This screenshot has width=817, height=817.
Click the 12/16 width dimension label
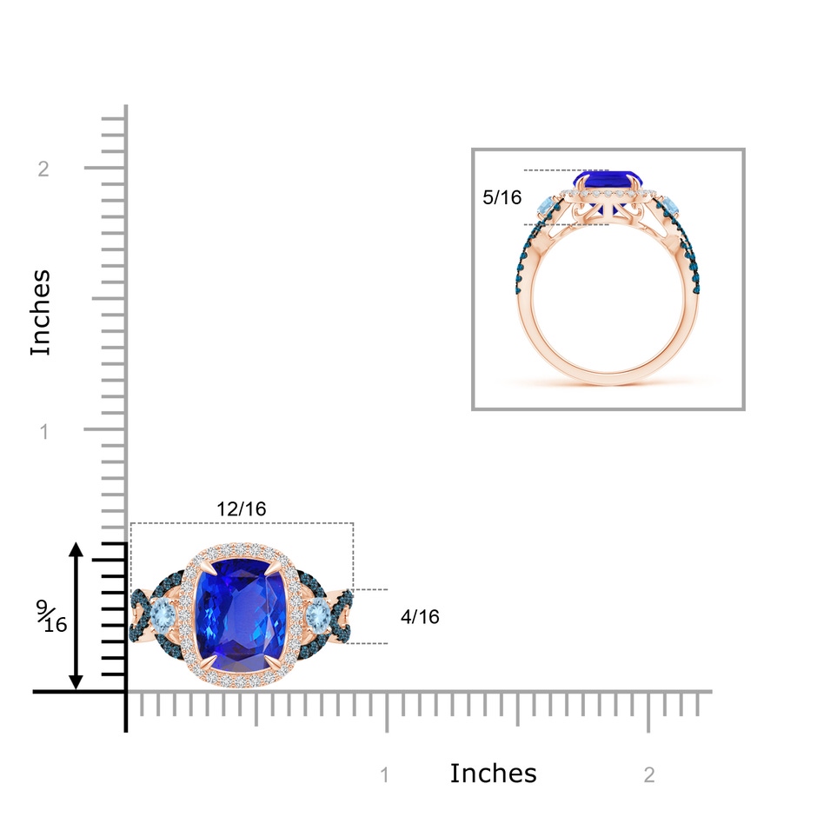(242, 508)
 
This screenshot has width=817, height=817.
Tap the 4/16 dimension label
(420, 617)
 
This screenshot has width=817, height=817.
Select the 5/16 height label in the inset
(501, 197)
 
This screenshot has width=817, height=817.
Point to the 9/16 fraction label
(51, 615)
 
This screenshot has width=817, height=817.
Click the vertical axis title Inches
(40, 313)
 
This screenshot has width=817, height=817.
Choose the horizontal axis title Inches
(493, 774)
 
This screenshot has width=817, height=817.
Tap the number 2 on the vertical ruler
(43, 169)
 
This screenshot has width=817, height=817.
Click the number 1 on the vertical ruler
(44, 431)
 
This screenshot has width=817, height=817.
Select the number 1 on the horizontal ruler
(385, 775)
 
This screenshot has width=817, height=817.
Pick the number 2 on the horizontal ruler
(649, 775)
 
